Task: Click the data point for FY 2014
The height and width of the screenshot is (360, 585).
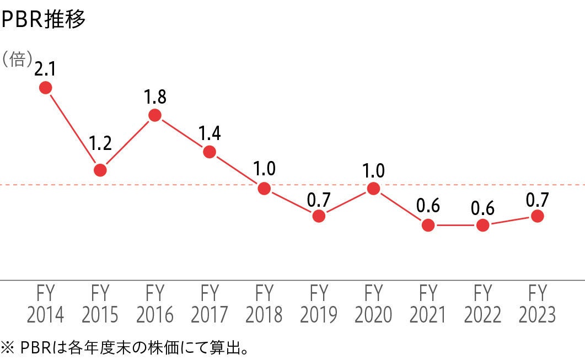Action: coord(46,87)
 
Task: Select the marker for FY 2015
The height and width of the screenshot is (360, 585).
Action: coord(100,170)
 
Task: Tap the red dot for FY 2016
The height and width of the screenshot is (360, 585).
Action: coord(155,115)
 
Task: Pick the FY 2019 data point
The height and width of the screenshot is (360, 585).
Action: coord(319,216)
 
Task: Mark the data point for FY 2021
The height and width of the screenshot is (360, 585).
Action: coord(428,225)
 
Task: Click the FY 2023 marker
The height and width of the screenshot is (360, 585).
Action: coord(537,216)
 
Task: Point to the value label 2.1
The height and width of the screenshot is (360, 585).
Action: coord(46,69)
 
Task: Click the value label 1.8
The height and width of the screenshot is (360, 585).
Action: coord(155,97)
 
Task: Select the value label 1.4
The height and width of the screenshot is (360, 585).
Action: coord(210,133)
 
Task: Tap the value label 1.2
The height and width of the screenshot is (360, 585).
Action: coord(100,144)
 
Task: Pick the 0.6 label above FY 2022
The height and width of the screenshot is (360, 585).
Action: coord(482,208)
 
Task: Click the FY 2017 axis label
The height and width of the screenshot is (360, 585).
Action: coord(210,303)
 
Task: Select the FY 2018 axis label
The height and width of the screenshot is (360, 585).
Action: coord(264,303)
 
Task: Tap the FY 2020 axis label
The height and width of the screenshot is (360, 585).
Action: coord(373,303)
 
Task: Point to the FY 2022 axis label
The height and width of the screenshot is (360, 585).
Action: coord(482,303)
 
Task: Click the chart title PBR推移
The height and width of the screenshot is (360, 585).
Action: coord(44,20)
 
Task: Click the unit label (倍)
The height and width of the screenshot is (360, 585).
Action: coord(18,59)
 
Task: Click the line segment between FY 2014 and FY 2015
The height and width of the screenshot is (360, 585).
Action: coord(73,128)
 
